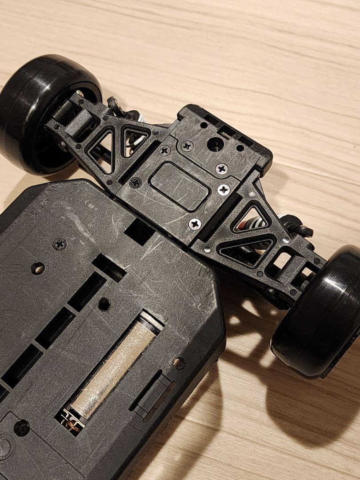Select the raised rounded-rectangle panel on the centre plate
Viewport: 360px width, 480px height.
180,185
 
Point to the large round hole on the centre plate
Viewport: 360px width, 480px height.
215,143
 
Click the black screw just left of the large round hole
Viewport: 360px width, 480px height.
188,145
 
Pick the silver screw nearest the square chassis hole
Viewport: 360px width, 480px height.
194,224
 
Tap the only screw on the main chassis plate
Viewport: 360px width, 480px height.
60,244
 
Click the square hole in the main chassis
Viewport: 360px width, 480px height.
140,231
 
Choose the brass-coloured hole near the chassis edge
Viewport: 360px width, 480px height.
179,363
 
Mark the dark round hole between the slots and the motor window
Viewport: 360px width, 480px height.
104,304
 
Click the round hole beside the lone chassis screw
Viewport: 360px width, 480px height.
38,268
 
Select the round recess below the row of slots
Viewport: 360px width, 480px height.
21,428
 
